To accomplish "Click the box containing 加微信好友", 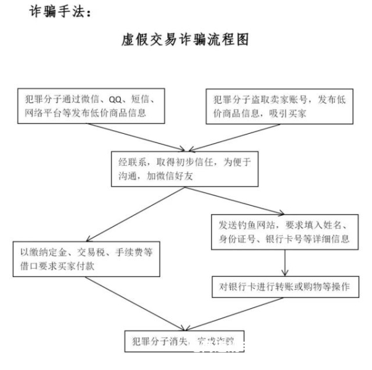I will click(x=184, y=168).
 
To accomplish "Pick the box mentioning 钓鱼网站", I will click(x=284, y=230).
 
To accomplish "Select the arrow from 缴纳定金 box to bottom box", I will click(x=136, y=302).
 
